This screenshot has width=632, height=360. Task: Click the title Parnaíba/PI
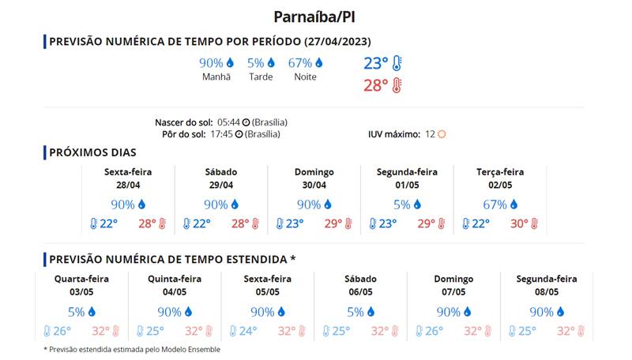pyautogui.click(x=316, y=17)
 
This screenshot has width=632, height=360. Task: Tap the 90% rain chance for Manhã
pyautogui.click(x=211, y=62)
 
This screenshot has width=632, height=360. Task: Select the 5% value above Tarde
pyautogui.click(x=255, y=62)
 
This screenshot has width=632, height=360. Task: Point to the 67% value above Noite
pyautogui.click(x=300, y=62)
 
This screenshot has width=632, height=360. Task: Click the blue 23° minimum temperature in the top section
pyautogui.click(x=376, y=64)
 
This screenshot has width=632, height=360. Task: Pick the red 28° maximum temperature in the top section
pyautogui.click(x=376, y=85)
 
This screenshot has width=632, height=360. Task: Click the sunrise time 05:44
pyautogui.click(x=229, y=122)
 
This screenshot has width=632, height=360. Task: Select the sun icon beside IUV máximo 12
pyautogui.click(x=442, y=134)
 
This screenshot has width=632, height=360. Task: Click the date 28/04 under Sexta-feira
pyautogui.click(x=128, y=185)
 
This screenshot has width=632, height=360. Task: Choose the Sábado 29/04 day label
pyautogui.click(x=221, y=172)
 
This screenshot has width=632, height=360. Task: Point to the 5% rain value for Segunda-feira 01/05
pyautogui.click(x=402, y=204)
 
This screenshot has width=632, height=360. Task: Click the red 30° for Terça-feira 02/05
pyautogui.click(x=519, y=224)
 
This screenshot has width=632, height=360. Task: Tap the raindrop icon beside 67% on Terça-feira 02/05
pyautogui.click(x=513, y=204)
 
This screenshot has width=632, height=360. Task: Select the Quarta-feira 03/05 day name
pyautogui.click(x=81, y=279)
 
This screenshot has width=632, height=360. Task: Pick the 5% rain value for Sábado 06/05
pyautogui.click(x=355, y=312)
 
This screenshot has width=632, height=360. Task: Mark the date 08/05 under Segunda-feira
pyautogui.click(x=547, y=291)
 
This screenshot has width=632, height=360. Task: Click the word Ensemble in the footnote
pyautogui.click(x=202, y=349)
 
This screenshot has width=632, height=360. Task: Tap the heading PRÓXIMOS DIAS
pyautogui.click(x=92, y=152)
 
